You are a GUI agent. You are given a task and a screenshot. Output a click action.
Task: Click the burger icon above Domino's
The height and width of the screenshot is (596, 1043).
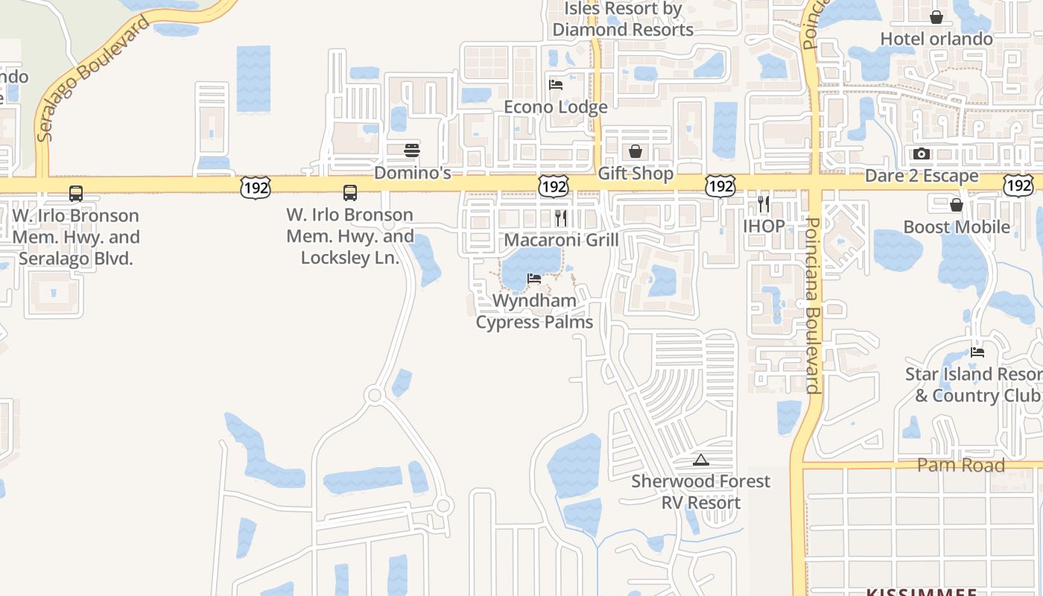tap(412, 150)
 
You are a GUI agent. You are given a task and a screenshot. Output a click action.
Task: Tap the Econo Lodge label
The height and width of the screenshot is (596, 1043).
tap(556, 107)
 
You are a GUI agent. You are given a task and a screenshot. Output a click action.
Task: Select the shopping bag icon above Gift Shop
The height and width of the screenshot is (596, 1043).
tap(635, 152)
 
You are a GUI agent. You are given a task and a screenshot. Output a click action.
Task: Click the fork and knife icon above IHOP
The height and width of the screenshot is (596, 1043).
tap(764, 203)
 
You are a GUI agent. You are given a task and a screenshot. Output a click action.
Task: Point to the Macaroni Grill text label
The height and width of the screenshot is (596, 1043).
tap(562, 240)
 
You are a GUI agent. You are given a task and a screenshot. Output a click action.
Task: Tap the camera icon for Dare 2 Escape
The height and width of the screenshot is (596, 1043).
tap(922, 154)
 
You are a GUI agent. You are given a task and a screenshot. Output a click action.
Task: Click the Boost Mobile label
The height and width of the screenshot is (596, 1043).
tap(957, 226)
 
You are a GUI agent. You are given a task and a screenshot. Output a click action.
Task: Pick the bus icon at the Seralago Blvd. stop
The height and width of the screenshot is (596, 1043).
tap(76, 194)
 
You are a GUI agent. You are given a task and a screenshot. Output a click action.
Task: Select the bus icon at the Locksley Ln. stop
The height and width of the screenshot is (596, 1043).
tap(350, 193)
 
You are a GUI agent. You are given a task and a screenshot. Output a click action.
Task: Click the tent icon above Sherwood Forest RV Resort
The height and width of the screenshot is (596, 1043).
tap(700, 460)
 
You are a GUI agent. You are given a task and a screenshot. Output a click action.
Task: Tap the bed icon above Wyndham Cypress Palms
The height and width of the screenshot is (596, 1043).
tap(534, 279)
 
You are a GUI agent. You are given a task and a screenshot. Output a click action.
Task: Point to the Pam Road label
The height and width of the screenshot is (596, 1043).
tap(961, 466)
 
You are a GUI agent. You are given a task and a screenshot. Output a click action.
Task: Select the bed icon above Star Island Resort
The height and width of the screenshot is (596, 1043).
tap(977, 352)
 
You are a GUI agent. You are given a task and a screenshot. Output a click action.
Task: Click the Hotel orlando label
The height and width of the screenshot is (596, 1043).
tap(936, 39)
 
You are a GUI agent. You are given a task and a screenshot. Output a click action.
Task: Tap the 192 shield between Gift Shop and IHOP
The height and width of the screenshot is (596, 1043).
tap(720, 186)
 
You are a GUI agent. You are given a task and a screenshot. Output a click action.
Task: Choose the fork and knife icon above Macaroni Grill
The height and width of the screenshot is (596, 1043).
tap(561, 218)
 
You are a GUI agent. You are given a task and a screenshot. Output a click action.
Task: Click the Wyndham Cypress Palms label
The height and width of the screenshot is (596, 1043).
tap(535, 311)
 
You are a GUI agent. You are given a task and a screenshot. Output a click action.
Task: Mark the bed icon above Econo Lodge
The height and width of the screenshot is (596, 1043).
tap(556, 85)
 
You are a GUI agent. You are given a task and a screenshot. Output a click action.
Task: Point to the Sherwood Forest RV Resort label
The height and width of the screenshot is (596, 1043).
tap(700, 492)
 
